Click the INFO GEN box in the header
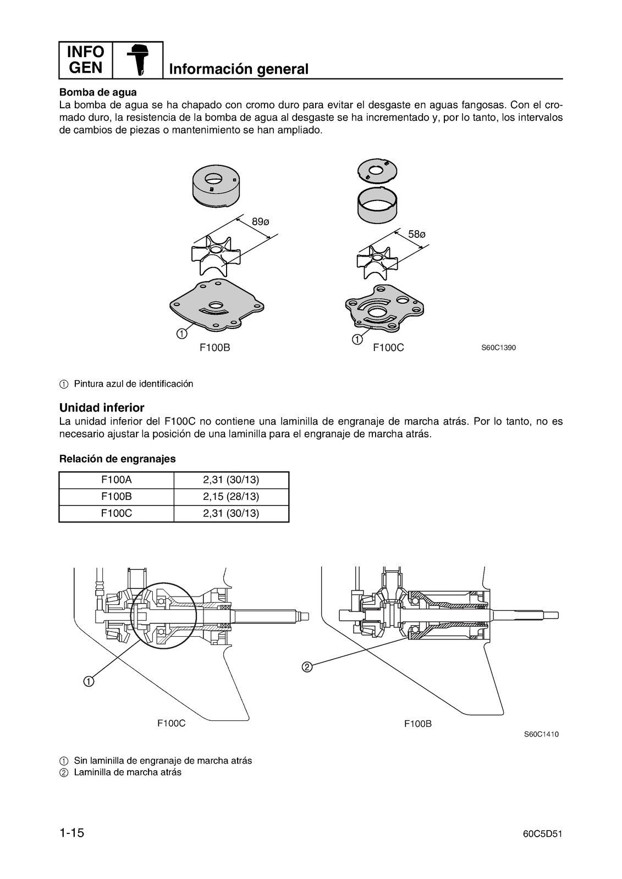click(85, 60)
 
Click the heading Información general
click(239, 69)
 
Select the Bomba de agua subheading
click(98, 92)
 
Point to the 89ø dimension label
click(261, 222)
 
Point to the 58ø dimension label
click(417, 235)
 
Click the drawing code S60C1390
click(498, 348)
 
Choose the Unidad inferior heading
click(102, 408)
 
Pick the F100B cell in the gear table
click(116, 497)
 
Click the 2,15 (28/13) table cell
click(231, 497)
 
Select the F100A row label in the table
click(116, 480)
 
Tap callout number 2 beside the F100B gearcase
click(307, 667)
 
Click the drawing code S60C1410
click(541, 734)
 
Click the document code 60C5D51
click(542, 834)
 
